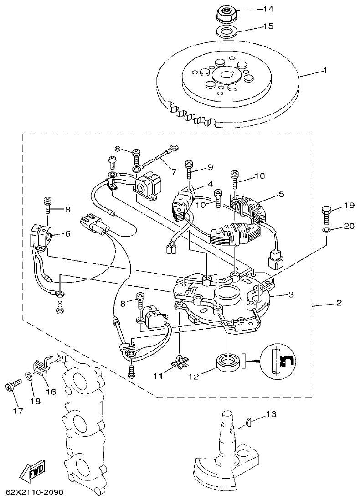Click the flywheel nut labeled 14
click(225, 15)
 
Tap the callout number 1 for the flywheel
click(325, 70)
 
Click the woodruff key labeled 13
click(248, 422)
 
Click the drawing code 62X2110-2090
click(35, 493)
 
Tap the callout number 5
click(281, 194)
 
